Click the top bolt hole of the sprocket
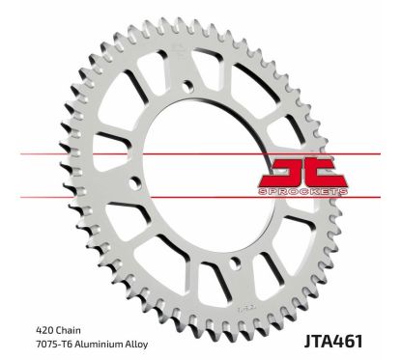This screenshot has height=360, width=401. click(x=186, y=89)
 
